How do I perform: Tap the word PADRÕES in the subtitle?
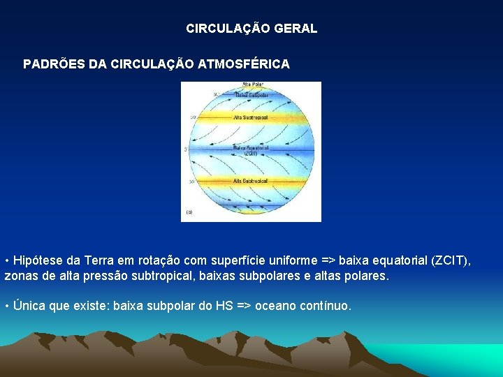coord(53,64)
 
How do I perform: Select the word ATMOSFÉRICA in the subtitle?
coord(245,64)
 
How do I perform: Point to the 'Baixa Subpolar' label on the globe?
coord(251,94)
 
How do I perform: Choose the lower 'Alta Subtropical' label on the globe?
coord(252,180)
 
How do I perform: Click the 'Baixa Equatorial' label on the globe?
coord(249,148)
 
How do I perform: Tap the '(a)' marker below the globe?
coord(189,212)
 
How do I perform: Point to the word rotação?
coord(152,261)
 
